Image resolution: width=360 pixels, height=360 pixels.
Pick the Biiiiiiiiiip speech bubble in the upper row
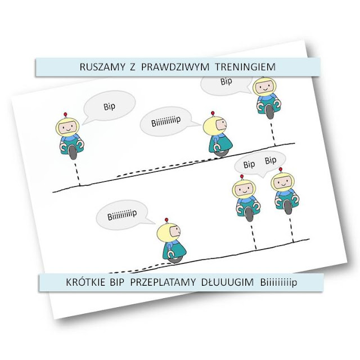(x=169, y=123)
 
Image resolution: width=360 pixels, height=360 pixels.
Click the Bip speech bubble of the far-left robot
(x=109, y=106)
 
